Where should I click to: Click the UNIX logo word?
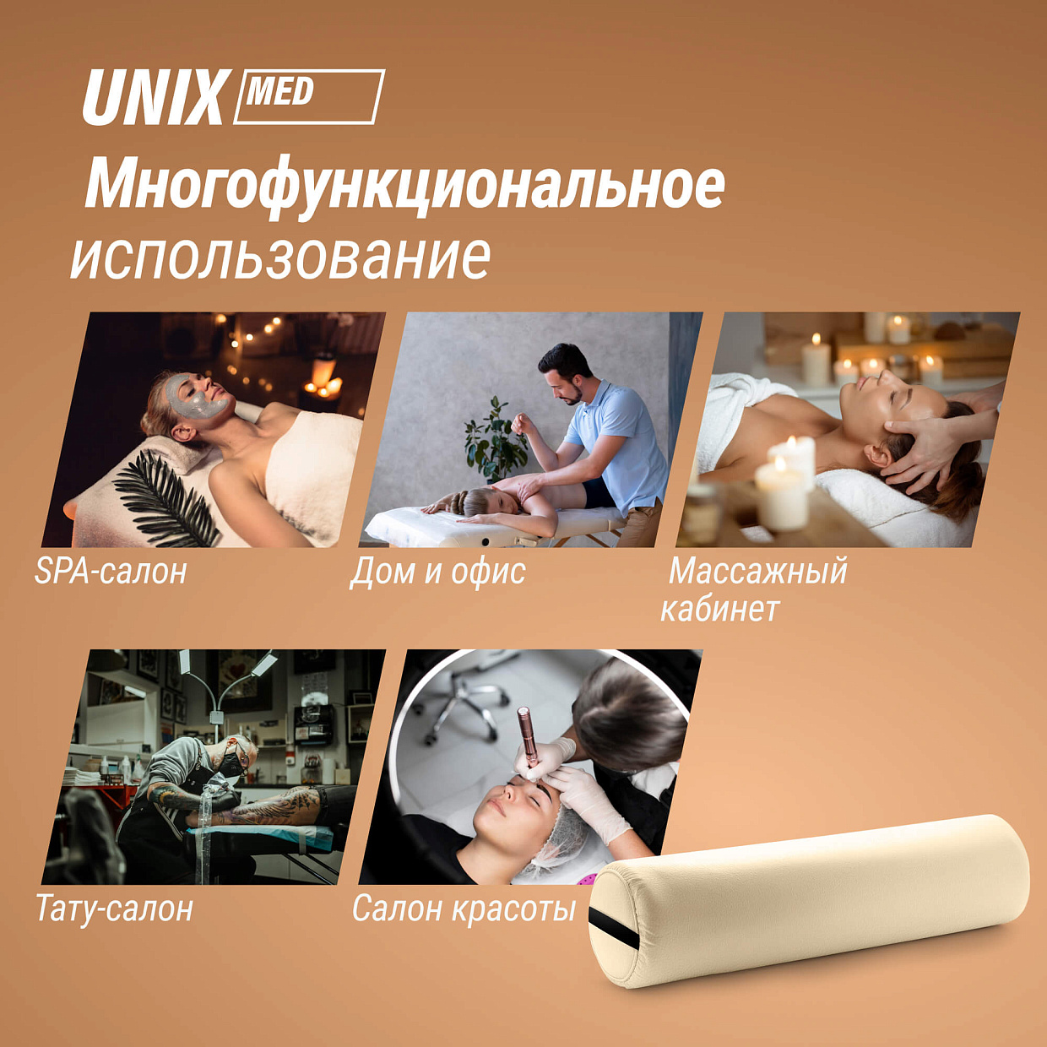(x=153, y=98)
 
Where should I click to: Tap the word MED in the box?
(x=279, y=92)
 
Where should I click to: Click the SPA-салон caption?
(x=111, y=571)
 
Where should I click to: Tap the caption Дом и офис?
(x=438, y=572)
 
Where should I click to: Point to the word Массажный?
(x=757, y=572)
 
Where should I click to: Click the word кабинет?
(x=720, y=610)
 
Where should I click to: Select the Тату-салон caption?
(x=114, y=908)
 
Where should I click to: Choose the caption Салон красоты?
(x=464, y=908)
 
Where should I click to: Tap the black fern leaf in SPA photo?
(x=163, y=496)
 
